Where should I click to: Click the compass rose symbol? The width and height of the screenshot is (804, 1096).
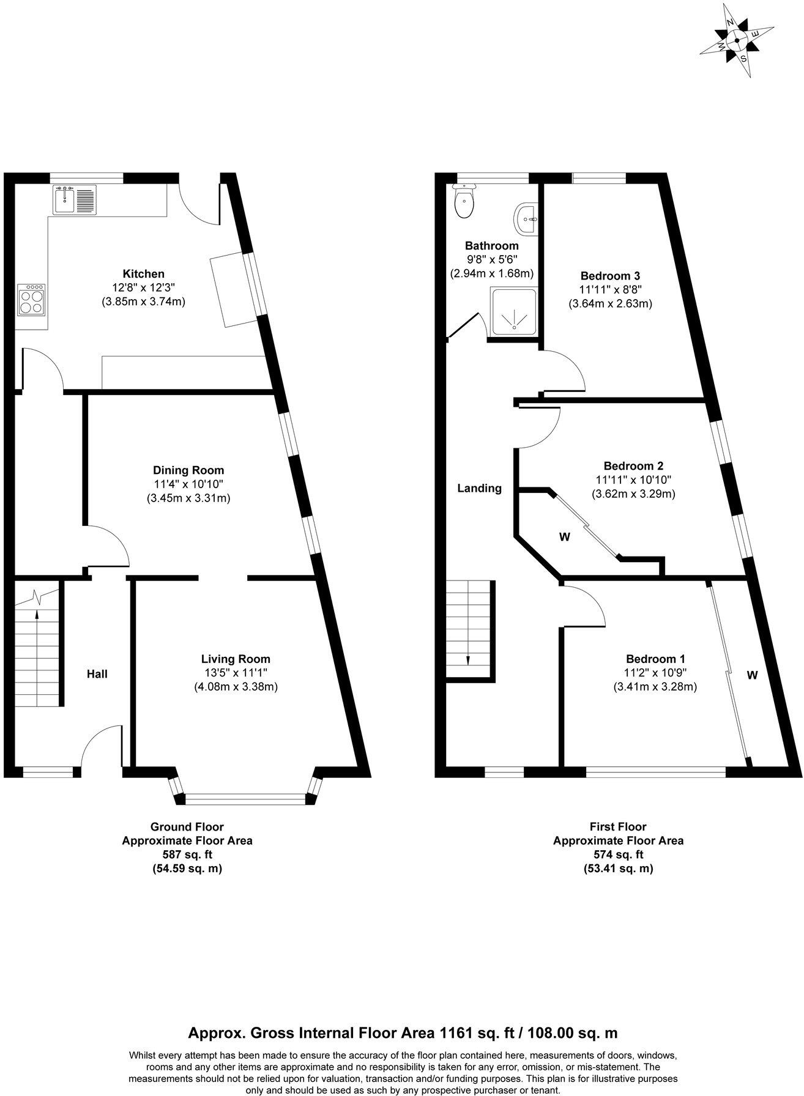[737, 41]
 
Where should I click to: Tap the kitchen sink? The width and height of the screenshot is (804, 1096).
[74, 200]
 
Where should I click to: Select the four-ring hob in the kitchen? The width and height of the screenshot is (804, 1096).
[32, 300]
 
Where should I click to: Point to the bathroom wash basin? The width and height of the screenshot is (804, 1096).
[527, 218]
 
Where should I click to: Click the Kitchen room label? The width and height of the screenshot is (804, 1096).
[143, 274]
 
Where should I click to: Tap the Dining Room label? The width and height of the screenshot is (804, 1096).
[188, 470]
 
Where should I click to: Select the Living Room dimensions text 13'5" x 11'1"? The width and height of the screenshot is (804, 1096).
[236, 673]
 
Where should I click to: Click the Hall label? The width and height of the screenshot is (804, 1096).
[97, 674]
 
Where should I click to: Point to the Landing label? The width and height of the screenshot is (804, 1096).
[480, 488]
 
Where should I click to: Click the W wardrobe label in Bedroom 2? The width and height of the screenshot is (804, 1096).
[564, 537]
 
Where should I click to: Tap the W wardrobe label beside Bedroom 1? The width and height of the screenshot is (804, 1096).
[752, 675]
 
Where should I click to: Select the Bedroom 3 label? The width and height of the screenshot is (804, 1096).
[610, 276]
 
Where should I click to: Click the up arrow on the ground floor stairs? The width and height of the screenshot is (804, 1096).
[38, 618]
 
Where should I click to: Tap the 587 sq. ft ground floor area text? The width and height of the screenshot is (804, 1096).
[187, 854]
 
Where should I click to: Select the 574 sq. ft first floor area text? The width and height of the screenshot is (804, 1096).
[618, 854]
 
